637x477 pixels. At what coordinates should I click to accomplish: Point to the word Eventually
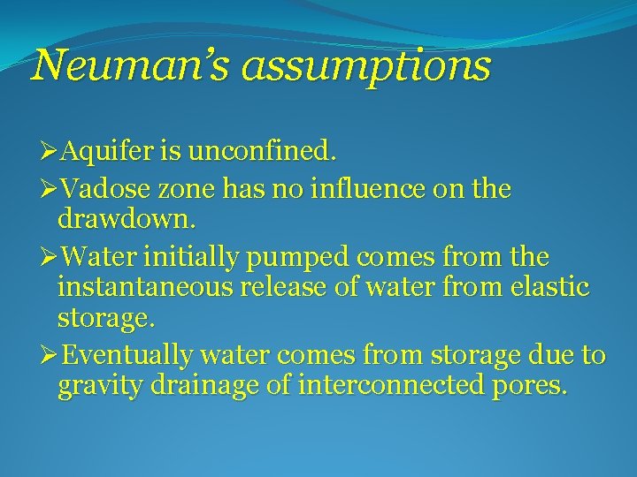(129, 357)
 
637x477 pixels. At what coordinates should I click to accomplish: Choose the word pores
(530, 387)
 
